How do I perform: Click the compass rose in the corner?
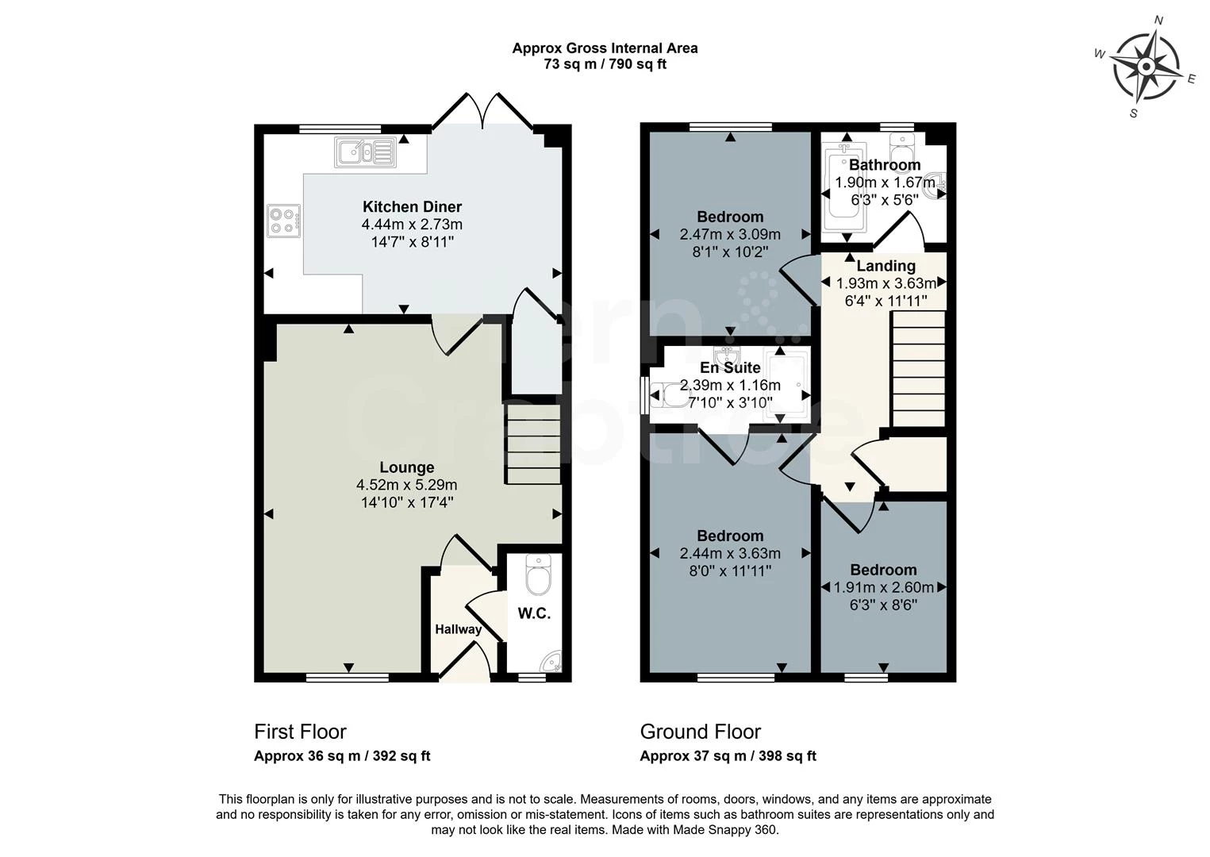pos(1147,67)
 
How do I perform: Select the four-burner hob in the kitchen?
pos(284,221)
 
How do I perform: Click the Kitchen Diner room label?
pos(412,207)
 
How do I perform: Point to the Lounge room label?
pos(406,467)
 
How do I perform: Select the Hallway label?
pos(458,629)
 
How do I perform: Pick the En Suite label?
pos(730,367)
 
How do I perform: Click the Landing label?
pos(885,266)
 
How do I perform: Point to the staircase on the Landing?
pos(919,369)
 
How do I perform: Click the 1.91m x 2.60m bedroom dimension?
pos(883,588)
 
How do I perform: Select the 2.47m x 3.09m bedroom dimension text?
pos(730,235)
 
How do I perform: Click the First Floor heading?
pos(300,732)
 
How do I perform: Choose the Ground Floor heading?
pos(700,732)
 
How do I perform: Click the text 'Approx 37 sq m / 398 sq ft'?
pos(728,756)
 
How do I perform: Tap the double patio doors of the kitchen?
pos(482,111)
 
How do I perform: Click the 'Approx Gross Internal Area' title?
pos(605,48)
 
